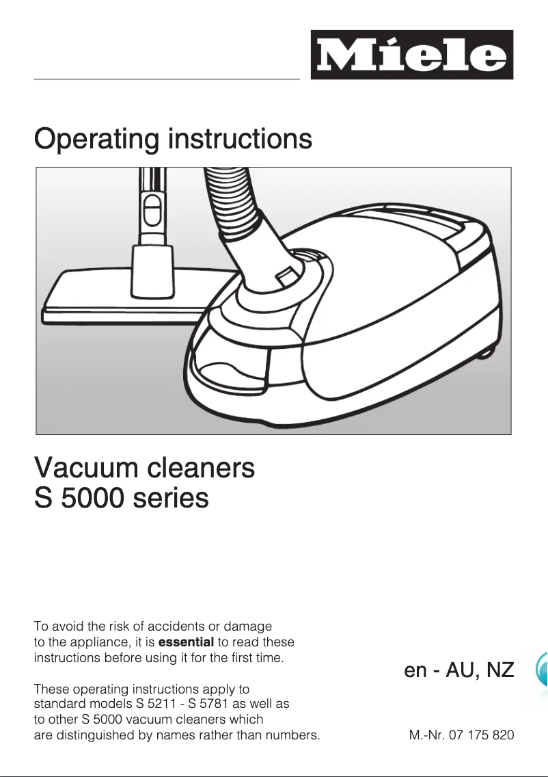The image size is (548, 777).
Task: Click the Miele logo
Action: (x=411, y=55)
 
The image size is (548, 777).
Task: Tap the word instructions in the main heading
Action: (x=240, y=139)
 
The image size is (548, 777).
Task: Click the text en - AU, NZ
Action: (x=458, y=670)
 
